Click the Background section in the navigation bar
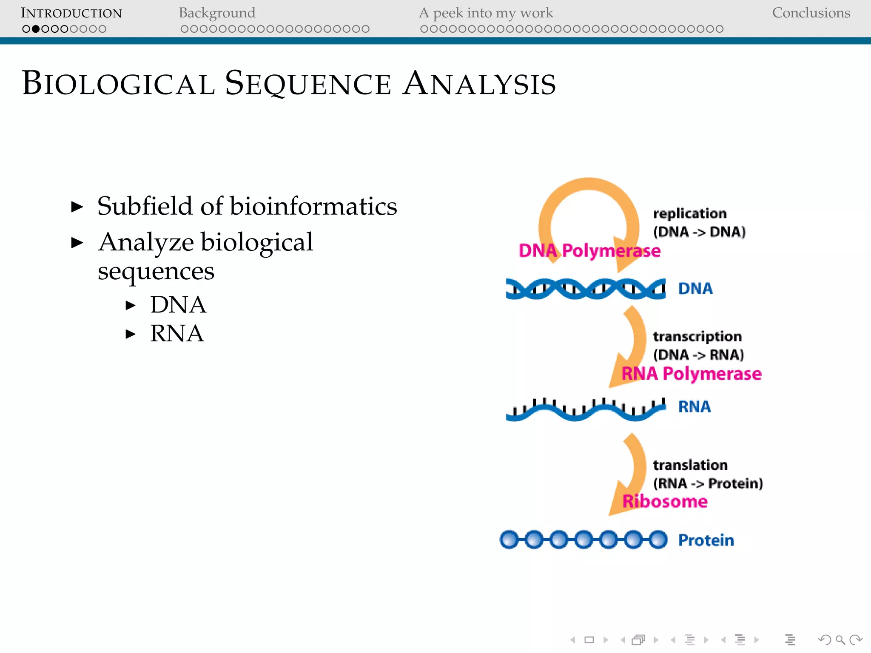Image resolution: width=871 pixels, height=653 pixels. point(217,13)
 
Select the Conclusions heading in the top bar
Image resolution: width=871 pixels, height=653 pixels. point(811,13)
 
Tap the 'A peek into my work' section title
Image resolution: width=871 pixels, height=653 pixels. point(486,13)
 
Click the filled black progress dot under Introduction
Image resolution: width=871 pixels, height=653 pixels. point(36,29)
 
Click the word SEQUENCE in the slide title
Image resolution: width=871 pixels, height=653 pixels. point(308,83)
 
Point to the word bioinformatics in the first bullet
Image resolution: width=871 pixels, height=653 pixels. point(313,206)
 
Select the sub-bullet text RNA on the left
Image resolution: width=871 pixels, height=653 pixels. point(177,333)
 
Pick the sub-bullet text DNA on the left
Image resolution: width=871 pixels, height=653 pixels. point(178,305)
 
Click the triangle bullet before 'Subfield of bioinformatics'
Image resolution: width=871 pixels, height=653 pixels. point(77,207)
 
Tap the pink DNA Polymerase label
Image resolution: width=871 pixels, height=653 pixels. point(589,251)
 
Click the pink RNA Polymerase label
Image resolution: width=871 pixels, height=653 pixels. point(691,374)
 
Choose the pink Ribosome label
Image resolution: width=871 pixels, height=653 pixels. point(665,502)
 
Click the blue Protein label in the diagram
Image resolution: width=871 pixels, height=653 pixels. point(706,540)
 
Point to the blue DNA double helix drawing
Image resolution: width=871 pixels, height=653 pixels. point(585,289)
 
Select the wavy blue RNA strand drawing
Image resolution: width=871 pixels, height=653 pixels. point(585,410)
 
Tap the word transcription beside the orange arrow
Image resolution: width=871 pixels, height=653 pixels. point(697,336)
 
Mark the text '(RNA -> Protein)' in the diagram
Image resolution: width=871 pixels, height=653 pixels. point(708,483)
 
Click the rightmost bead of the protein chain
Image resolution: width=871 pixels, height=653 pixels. point(658,539)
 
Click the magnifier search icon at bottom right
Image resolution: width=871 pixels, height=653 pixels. point(840,640)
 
